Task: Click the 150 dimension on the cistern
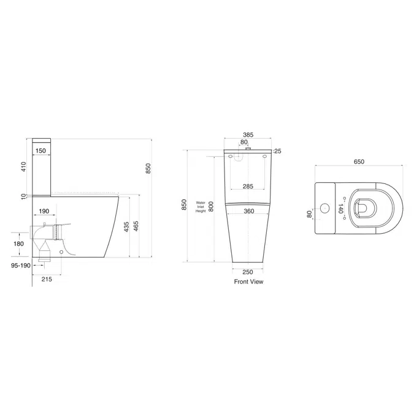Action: (x=40, y=150)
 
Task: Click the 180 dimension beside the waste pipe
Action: (x=18, y=243)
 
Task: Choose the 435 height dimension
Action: (x=127, y=227)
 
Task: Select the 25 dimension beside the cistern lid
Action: (x=277, y=151)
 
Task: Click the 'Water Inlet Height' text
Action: (x=200, y=206)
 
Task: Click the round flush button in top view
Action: (x=324, y=209)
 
